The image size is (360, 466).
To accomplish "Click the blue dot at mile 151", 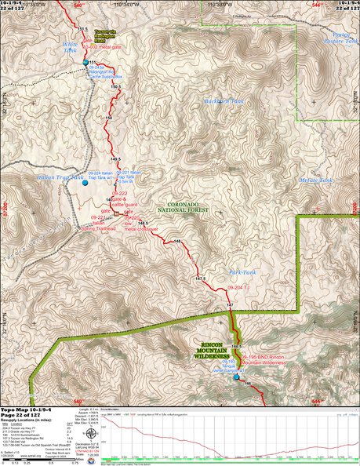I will tap(85, 62).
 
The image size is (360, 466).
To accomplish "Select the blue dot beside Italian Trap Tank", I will tap(85, 186).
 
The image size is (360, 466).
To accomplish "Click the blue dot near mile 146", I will tap(238, 377).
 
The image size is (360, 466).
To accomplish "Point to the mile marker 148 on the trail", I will tap(176, 242).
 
